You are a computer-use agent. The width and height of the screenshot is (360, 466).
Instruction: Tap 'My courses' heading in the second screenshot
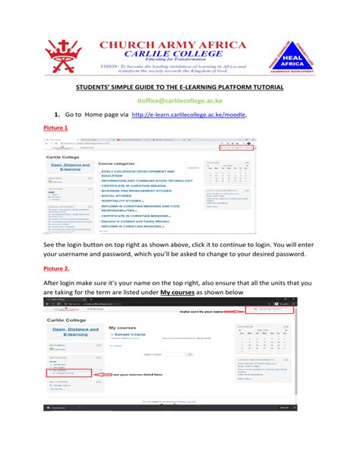122,326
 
